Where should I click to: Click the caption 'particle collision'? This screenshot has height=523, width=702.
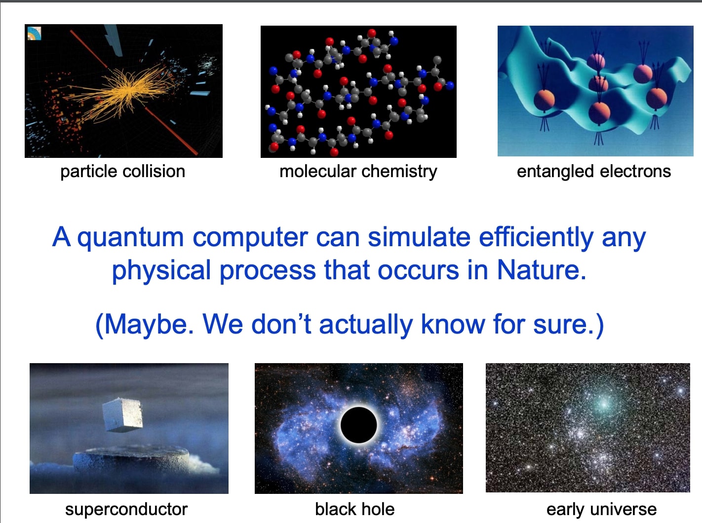(122, 171)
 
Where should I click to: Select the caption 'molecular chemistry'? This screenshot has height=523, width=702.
(358, 171)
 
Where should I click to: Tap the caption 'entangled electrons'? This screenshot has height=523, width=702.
(593, 171)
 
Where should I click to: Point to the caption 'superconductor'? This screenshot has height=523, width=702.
(126, 509)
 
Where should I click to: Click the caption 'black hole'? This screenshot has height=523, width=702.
(354, 509)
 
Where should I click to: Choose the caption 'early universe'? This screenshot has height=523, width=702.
(601, 509)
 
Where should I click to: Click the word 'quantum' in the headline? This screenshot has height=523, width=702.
(130, 238)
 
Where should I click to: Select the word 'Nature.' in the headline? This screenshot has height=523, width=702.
(542, 270)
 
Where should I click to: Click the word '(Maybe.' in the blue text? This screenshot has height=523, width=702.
(144, 325)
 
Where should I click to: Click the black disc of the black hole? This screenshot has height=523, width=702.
(359, 425)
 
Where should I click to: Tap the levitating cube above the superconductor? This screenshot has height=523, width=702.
(122, 414)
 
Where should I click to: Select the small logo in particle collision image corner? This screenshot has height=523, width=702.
(34, 34)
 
